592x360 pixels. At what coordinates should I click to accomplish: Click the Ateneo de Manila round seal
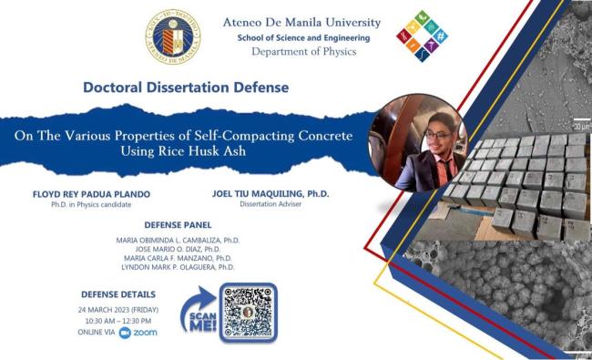pos(172,37)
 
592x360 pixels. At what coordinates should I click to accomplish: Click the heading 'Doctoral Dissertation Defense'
pos(186,88)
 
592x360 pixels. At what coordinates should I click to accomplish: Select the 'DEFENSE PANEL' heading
pos(178,224)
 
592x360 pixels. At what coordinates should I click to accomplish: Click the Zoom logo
pos(138,333)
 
